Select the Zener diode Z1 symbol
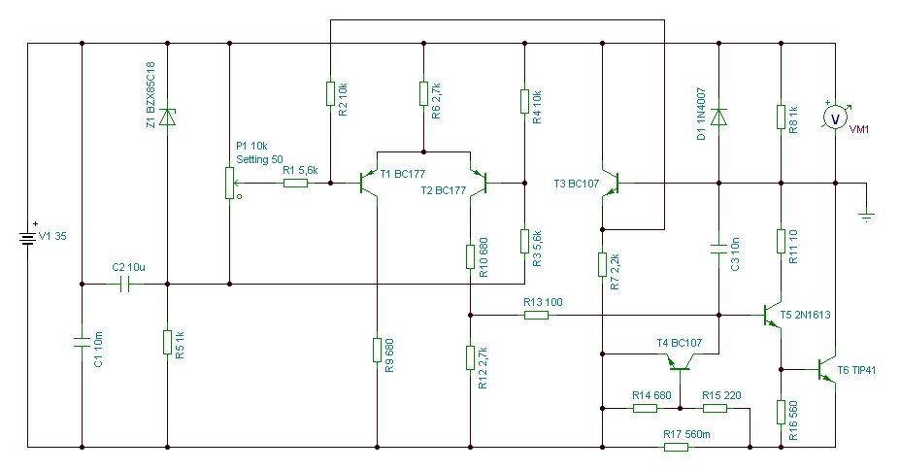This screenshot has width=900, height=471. (167, 117)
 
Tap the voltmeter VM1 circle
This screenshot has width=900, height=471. (835, 118)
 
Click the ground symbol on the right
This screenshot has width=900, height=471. (867, 217)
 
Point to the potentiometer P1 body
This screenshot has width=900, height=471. (229, 184)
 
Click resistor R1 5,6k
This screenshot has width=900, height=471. (295, 184)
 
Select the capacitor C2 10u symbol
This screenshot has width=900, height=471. (125, 284)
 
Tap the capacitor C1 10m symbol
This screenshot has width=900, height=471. (82, 343)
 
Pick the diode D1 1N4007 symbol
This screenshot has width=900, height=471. (718, 117)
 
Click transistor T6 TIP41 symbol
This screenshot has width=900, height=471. (826, 369)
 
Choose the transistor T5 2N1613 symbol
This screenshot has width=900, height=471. (772, 315)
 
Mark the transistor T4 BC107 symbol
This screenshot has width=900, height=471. (681, 362)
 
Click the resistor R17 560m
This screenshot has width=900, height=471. (676, 447)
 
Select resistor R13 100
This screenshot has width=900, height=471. (536, 315)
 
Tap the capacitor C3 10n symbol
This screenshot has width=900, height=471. (718, 250)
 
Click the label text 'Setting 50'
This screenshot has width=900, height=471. (259, 159)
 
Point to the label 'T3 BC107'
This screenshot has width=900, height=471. (577, 184)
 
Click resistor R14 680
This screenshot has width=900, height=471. (646, 409)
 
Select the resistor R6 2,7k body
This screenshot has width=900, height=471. (423, 93)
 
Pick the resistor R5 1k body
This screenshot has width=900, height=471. (167, 343)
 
